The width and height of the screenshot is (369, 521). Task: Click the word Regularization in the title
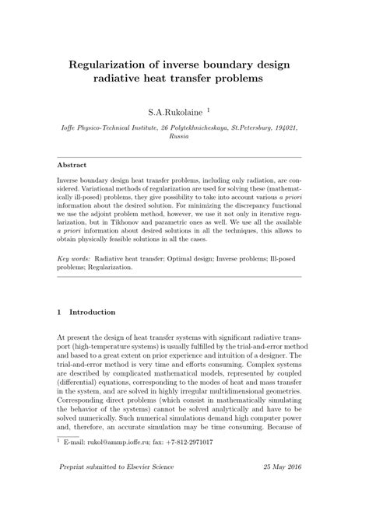pos(112,63)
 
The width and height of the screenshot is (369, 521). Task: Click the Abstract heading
pos(74,165)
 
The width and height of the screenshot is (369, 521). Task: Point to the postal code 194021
pos(285,124)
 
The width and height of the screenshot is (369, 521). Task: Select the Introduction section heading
pos(93,313)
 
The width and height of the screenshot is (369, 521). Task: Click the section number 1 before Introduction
pos(61,313)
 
